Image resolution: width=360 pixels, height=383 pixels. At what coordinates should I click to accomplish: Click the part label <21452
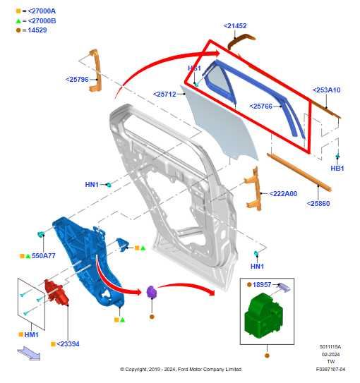[235, 26]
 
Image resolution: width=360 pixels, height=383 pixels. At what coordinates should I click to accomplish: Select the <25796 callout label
[77, 80]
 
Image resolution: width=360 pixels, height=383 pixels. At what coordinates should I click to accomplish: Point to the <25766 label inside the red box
[260, 107]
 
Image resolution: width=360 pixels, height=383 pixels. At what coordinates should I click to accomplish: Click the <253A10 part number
[326, 90]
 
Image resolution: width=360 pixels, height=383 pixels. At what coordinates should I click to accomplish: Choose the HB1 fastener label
[337, 169]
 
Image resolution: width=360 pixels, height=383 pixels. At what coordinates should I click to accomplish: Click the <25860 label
[318, 204]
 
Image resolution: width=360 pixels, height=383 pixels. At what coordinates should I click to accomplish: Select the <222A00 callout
[282, 194]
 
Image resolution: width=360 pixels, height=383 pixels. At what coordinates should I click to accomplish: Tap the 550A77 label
[43, 255]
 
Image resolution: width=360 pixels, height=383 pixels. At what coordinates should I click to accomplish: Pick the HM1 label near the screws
[31, 334]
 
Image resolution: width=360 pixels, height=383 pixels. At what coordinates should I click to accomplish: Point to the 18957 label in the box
[262, 284]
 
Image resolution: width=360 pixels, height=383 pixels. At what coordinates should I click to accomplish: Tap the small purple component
[151, 292]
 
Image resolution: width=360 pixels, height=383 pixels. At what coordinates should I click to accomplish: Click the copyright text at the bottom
[181, 369]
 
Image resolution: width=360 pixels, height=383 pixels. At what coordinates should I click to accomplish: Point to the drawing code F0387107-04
[330, 369]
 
